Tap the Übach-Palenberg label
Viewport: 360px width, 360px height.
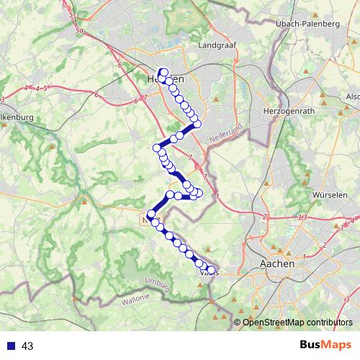307,24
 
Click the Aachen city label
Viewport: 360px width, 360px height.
276,264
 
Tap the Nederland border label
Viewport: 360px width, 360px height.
228,133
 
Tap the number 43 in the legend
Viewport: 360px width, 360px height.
28,346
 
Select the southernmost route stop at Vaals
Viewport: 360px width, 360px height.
211,270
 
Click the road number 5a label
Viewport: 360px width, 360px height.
79,32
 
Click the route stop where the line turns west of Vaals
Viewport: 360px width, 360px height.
151,214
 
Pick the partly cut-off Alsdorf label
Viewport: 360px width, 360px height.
353,96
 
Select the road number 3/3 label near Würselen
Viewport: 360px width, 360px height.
302,217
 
